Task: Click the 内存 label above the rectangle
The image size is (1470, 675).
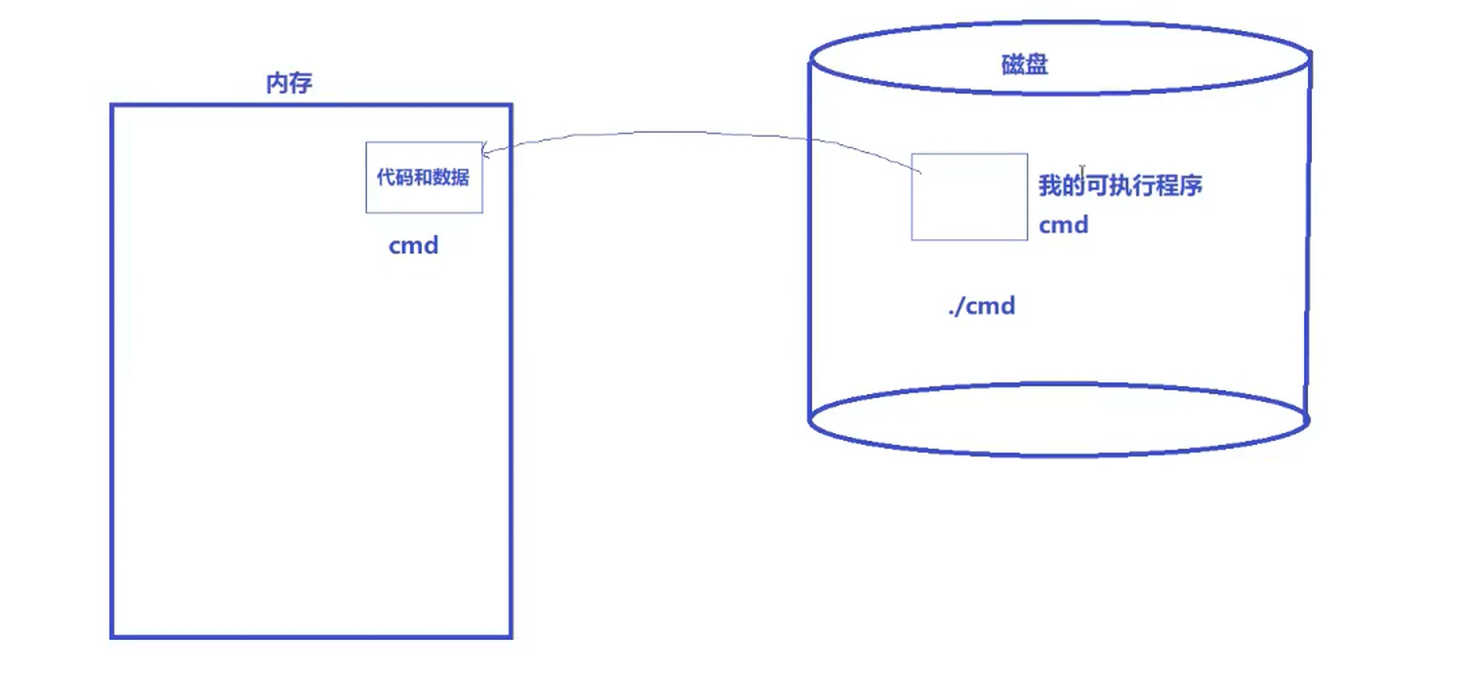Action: click(x=289, y=84)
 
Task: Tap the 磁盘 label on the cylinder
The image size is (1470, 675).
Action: click(x=1025, y=65)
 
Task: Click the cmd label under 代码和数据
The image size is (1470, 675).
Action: click(x=414, y=246)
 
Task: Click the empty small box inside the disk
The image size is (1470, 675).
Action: click(x=969, y=197)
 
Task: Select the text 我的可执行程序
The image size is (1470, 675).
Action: click(x=1120, y=185)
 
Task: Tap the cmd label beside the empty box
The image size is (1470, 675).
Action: click(x=1063, y=225)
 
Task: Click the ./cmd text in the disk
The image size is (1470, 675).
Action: click(x=982, y=306)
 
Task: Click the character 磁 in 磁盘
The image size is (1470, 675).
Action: click(x=1013, y=65)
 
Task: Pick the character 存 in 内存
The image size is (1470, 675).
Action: click(x=301, y=84)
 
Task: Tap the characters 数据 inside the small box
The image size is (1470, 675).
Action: click(x=452, y=178)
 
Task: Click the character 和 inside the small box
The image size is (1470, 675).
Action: click(x=424, y=178)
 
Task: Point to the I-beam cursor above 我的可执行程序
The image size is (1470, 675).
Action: click(x=1082, y=173)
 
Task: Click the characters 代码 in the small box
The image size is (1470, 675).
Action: click(x=396, y=178)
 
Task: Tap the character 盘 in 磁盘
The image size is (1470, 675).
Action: click(x=1037, y=65)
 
